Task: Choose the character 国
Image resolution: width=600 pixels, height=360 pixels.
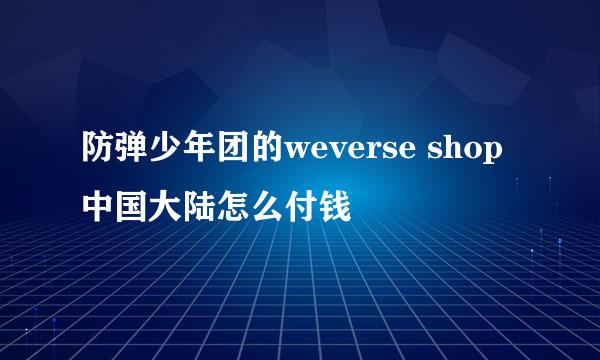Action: click(x=131, y=210)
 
